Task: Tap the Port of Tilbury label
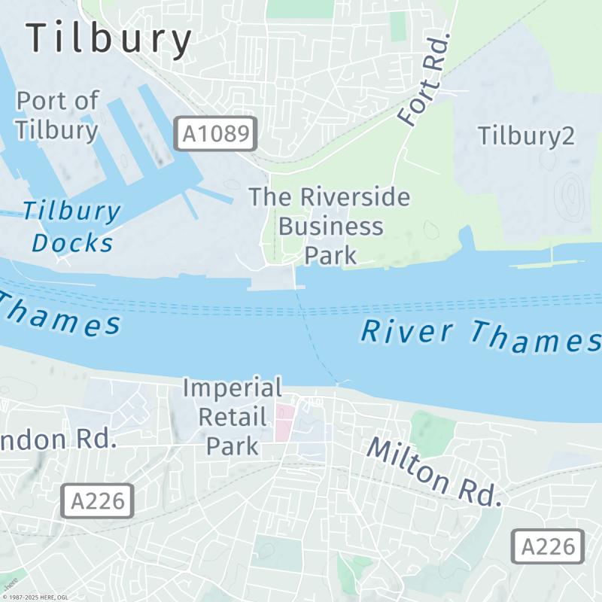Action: pyautogui.click(x=57, y=115)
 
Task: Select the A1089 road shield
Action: pyautogui.click(x=215, y=135)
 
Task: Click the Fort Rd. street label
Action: pyautogui.click(x=425, y=80)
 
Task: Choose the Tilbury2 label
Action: pyautogui.click(x=526, y=135)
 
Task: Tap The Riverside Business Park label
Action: pyautogui.click(x=330, y=226)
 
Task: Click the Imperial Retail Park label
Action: pyautogui.click(x=233, y=417)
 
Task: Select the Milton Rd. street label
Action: pyautogui.click(x=433, y=471)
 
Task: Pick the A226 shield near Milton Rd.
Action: pyautogui.click(x=548, y=546)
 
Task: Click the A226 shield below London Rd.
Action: pyautogui.click(x=97, y=501)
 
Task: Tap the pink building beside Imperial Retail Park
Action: pyautogui.click(x=284, y=422)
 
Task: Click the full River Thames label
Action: pyautogui.click(x=480, y=336)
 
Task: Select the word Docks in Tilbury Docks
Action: pyautogui.click(x=72, y=243)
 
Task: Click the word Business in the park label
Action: pyautogui.click(x=330, y=226)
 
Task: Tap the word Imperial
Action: pyautogui.click(x=233, y=389)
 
